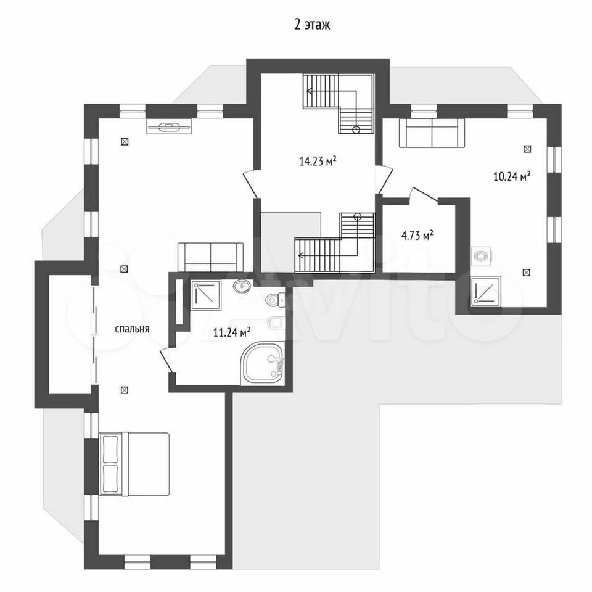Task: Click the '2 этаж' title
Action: coord(312,25)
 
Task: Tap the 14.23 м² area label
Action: coord(318,162)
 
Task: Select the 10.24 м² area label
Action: coord(512,176)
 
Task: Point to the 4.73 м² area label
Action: coord(417,236)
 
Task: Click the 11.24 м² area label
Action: coord(232,332)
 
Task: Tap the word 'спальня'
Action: coord(132,329)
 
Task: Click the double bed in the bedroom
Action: coord(134,464)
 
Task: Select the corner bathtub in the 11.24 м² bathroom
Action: coord(263,363)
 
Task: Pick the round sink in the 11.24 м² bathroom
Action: coord(242,286)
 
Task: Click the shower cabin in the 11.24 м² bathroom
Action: coord(206,295)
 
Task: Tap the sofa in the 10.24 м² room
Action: coord(432,133)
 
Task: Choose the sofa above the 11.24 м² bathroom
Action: coord(211,257)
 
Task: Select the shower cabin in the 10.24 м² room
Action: coord(486,292)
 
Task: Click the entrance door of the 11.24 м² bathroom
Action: coord(168,361)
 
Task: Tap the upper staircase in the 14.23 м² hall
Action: coord(339,104)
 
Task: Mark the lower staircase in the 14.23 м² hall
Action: coord(334,242)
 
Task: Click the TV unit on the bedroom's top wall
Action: coord(169,126)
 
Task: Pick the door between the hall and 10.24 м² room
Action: coord(384,179)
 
